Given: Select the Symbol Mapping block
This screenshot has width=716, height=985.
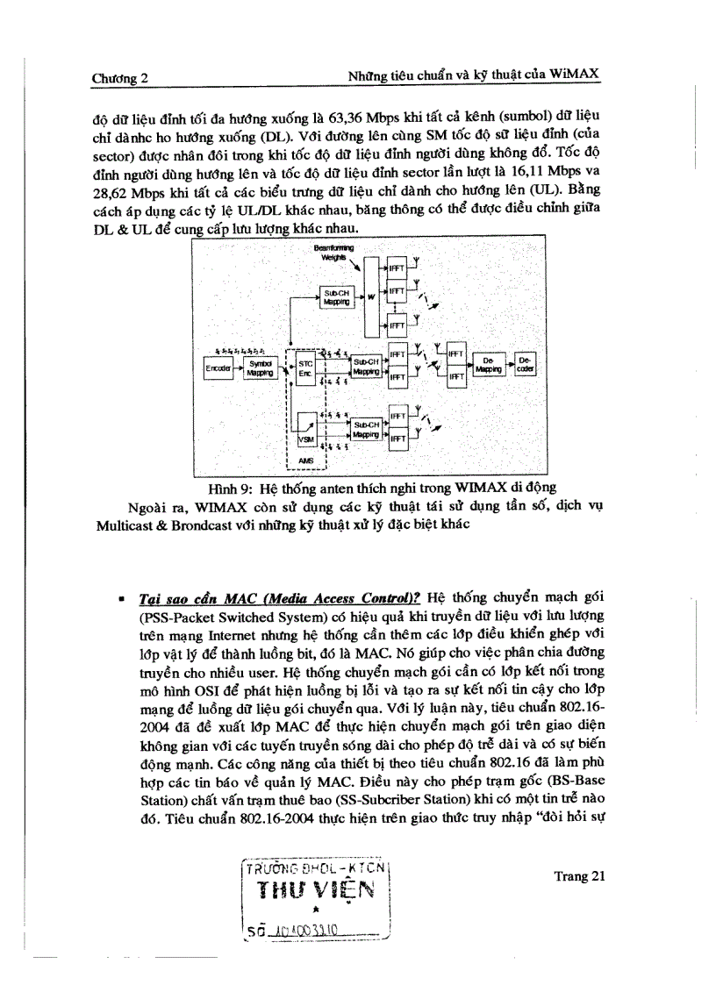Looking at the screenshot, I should click(x=260, y=368).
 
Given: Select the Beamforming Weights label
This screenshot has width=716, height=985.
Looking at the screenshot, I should click(x=333, y=253).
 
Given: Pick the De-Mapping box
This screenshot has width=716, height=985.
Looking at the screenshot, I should click(x=488, y=365).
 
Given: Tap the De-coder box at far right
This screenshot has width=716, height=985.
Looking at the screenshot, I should click(x=526, y=365).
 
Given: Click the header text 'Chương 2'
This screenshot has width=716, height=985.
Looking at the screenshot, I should click(x=119, y=78).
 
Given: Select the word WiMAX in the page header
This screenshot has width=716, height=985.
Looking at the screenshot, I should click(x=575, y=75).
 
